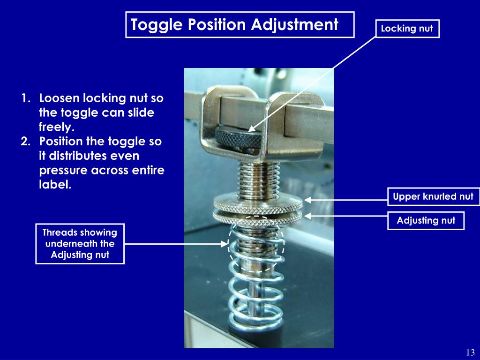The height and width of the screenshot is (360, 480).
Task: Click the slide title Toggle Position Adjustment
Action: tap(240, 25)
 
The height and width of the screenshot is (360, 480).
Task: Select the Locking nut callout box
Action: tap(407, 29)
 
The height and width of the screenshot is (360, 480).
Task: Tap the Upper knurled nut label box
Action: tap(433, 197)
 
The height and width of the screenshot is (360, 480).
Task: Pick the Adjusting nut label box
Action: tap(426, 220)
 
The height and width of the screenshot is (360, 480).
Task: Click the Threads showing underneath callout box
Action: tap(80, 244)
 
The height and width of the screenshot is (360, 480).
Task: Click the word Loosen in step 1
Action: tap(60, 99)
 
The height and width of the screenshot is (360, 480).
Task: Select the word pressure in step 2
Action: tap(63, 170)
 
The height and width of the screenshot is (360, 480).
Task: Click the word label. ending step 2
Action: tap(55, 184)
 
